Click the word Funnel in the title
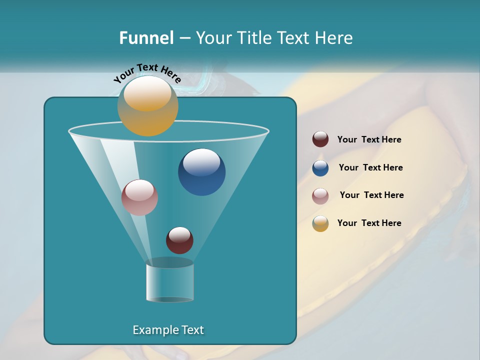(146, 38)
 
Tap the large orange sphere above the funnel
(147, 106)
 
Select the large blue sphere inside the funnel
(201, 172)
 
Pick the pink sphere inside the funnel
(139, 197)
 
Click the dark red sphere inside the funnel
(179, 240)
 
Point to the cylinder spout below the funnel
(169, 283)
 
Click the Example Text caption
(168, 330)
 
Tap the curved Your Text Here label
(147, 73)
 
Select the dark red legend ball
(320, 139)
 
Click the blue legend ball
(320, 168)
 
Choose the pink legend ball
(320, 195)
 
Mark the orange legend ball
(320, 223)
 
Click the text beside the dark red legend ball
(369, 140)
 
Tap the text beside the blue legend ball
(370, 168)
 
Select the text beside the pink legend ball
(371, 195)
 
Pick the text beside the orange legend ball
(369, 223)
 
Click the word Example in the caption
(152, 330)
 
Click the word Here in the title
(333, 38)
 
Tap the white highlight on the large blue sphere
(201, 162)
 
